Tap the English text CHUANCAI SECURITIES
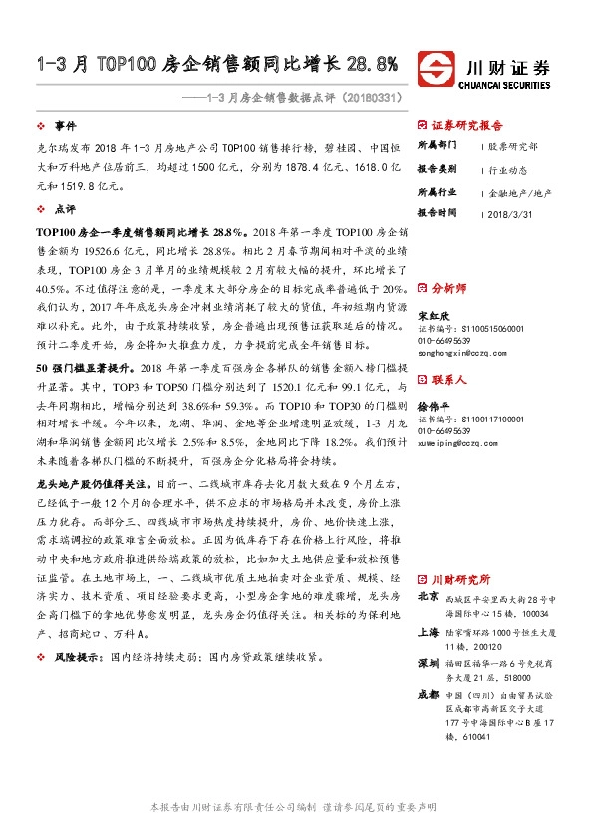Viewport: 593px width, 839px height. [508, 84]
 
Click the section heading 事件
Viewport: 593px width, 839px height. [65, 126]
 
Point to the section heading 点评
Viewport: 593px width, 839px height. [65, 210]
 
